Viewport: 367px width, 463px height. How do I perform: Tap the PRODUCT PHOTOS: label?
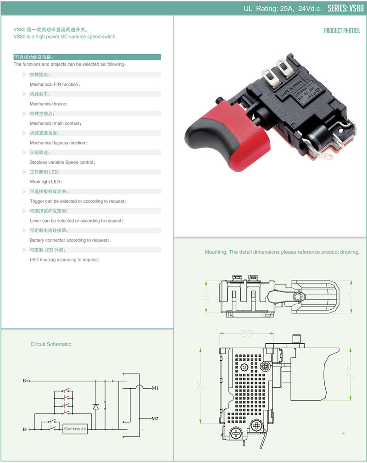pyautogui.click(x=342, y=31)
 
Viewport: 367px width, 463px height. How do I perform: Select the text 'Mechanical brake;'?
pyautogui.click(x=48, y=104)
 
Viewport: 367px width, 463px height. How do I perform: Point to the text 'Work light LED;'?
pyautogui.click(x=45, y=182)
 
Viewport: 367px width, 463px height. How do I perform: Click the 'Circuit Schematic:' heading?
pyautogui.click(x=51, y=344)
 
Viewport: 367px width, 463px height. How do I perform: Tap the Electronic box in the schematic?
pyautogui.click(x=75, y=429)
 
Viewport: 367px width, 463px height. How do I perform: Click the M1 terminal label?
pyautogui.click(x=155, y=388)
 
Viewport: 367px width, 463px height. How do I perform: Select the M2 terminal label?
pyautogui.click(x=155, y=419)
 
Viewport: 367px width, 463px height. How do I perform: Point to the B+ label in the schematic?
pyautogui.click(x=26, y=380)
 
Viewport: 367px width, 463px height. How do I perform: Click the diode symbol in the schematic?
pyautogui.click(x=95, y=407)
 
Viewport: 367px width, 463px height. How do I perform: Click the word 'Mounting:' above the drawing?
pyautogui.click(x=216, y=252)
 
